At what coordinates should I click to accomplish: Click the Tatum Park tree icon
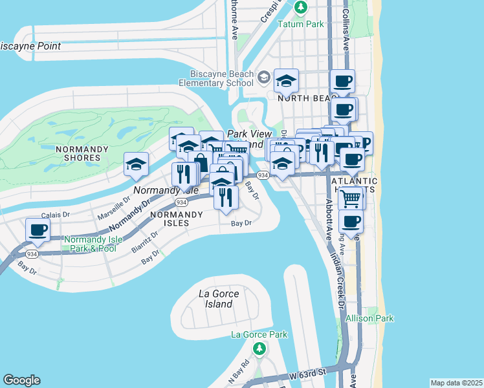pos(300,8)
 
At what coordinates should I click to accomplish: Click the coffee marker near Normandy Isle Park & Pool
pos(38,230)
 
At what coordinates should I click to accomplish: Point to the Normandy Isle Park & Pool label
pos(90,244)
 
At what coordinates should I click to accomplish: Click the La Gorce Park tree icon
pos(259,349)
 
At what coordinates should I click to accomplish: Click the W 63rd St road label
pos(306,373)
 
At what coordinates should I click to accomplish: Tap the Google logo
pos(21,380)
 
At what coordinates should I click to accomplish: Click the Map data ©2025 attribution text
pos(456,383)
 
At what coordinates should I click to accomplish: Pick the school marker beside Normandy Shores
pos(136,165)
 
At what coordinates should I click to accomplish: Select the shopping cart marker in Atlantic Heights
pos(350,198)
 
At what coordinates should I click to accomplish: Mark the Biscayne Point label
pos(30,46)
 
